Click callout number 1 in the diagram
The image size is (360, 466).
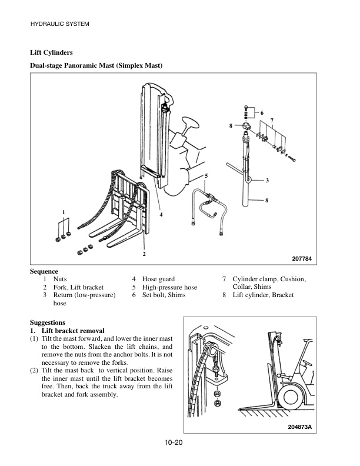pyautogui.click(x=64, y=211)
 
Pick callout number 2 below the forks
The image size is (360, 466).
pyautogui.click(x=144, y=254)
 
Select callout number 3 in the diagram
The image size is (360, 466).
pyautogui.click(x=268, y=180)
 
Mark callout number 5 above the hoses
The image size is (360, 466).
pyautogui.click(x=206, y=176)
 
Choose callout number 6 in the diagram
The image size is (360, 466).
pyautogui.click(x=262, y=112)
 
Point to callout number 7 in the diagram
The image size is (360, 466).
pyautogui.click(x=272, y=120)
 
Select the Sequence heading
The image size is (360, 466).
pyautogui.click(x=44, y=271)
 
